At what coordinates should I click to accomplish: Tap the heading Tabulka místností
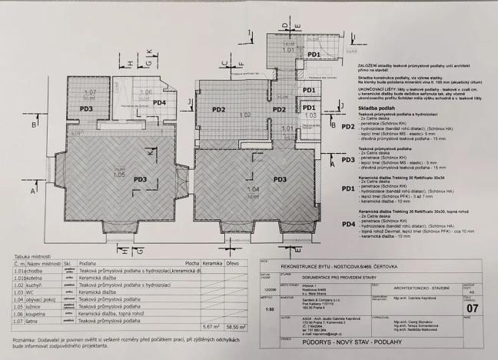coord(28,255)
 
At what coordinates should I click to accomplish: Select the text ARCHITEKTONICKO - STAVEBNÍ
coord(422,287)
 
